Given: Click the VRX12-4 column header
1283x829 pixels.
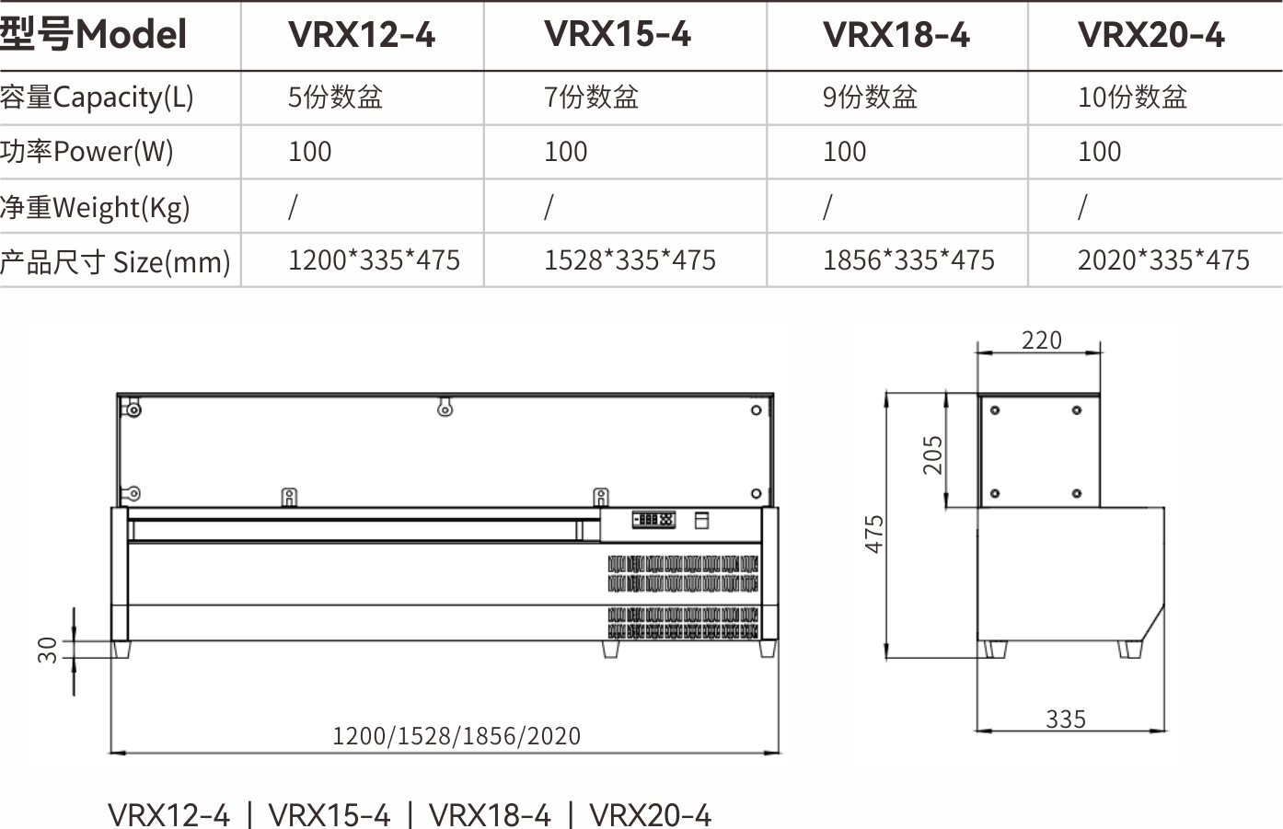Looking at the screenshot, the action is click(x=362, y=34).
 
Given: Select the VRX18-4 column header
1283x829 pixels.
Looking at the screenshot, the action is click(x=896, y=34).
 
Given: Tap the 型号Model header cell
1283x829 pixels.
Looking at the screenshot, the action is click(x=93, y=34).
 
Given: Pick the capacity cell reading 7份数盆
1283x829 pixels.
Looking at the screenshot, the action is click(x=591, y=97).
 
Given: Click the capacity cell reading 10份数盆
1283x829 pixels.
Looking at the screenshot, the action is click(x=1132, y=97).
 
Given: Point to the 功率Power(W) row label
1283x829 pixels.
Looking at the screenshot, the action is click(x=87, y=152).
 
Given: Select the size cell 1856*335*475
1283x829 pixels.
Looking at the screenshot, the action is click(x=908, y=259).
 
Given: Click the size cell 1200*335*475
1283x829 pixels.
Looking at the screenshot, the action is click(x=374, y=259).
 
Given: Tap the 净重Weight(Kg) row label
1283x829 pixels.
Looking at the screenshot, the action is click(x=95, y=207).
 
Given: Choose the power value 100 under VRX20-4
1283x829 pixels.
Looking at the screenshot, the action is click(x=1099, y=152).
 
